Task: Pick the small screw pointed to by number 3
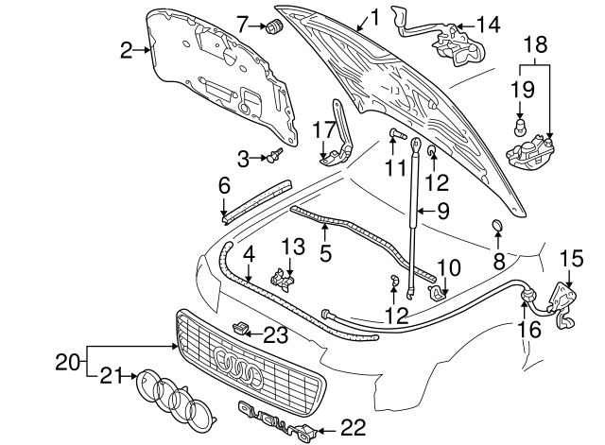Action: click(278, 156)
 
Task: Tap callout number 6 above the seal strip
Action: click(224, 186)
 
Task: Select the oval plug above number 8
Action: click(496, 225)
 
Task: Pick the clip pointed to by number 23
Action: click(242, 328)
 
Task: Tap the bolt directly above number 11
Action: click(395, 134)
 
